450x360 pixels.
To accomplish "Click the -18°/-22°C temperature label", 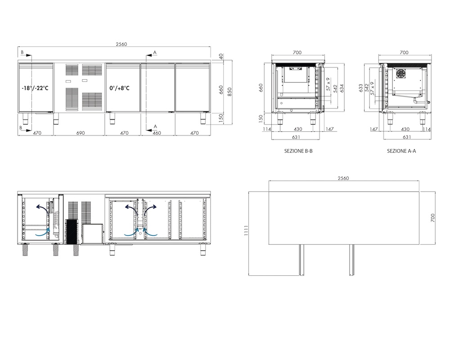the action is click(x=35, y=88).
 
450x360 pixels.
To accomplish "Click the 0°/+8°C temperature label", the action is click(x=119, y=88).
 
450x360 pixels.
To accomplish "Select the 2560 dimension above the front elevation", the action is click(x=121, y=44).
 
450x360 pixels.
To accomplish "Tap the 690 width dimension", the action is click(x=81, y=133).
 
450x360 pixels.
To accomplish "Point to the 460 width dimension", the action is click(x=157, y=133).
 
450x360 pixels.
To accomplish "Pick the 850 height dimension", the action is click(x=229, y=92).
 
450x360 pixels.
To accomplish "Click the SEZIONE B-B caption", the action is click(x=298, y=151).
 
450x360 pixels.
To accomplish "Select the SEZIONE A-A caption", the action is click(x=401, y=151).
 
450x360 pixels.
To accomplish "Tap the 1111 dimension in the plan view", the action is click(x=246, y=230).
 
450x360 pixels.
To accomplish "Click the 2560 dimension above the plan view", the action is click(x=343, y=178).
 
